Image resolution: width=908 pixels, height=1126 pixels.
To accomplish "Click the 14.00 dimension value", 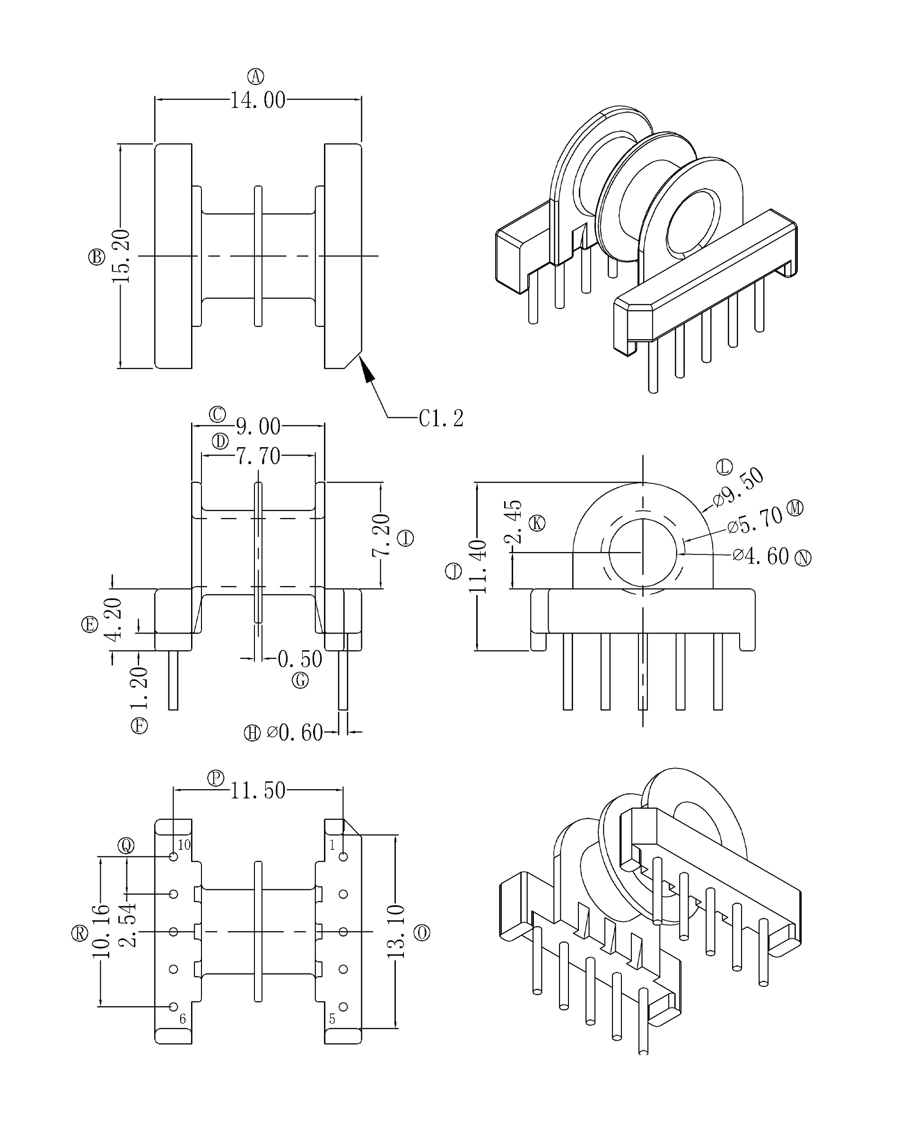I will pos(258,100).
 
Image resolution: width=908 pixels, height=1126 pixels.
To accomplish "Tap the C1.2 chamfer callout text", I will pos(441,418).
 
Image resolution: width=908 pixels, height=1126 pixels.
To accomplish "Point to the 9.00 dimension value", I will pos(258,426).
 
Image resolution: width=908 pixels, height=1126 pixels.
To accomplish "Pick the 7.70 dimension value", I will pos(258,456).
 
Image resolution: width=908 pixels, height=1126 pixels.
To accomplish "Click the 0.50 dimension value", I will pos(299,659).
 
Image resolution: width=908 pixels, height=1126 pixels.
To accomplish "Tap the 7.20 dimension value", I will pos(381,535).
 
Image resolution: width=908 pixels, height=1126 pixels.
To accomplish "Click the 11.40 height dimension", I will pos(478,566).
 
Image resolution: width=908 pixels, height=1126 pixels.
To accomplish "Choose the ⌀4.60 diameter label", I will pos(760,556).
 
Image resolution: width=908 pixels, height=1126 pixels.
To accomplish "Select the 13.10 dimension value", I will pos(396,932).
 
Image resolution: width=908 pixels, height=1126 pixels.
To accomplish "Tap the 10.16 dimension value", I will pos(101,932).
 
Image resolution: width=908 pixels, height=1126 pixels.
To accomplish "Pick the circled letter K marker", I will pos(537,523).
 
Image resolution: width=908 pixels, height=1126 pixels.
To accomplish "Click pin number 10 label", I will pos(184,844).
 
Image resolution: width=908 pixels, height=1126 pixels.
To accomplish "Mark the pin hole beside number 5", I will pos(343,1007).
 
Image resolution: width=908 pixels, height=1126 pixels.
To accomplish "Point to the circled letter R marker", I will pos(79,933).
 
